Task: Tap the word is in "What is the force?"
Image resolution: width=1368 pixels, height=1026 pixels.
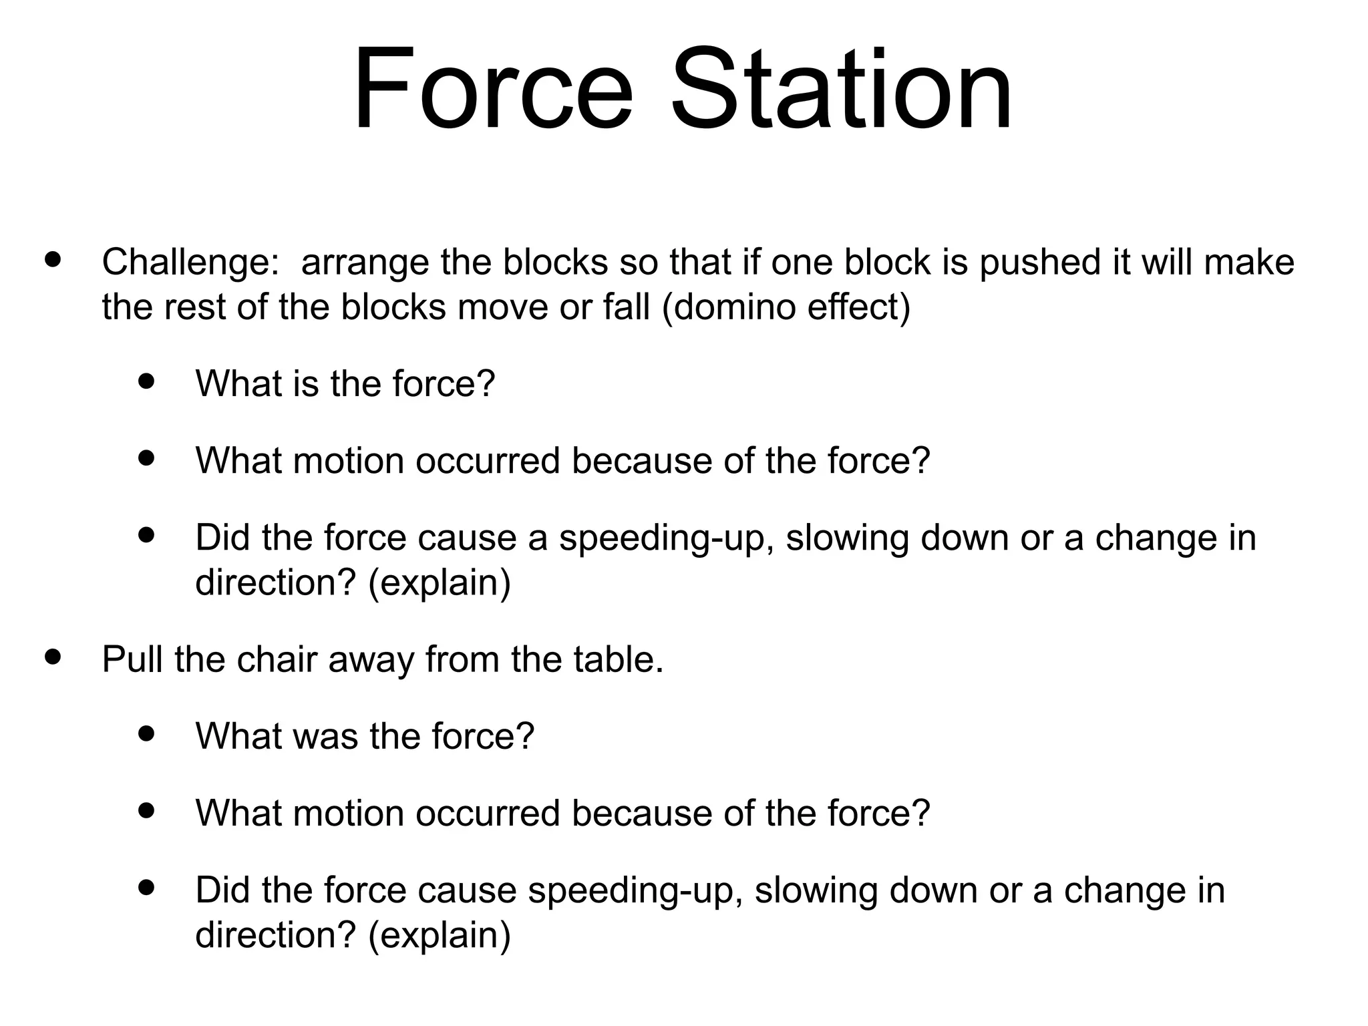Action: coord(305,384)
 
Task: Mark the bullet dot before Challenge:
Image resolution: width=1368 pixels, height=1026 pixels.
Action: coord(51,259)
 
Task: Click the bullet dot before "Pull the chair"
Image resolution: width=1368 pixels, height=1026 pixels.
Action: coord(51,657)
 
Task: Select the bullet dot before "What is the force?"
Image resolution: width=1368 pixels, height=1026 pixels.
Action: coord(145,381)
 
